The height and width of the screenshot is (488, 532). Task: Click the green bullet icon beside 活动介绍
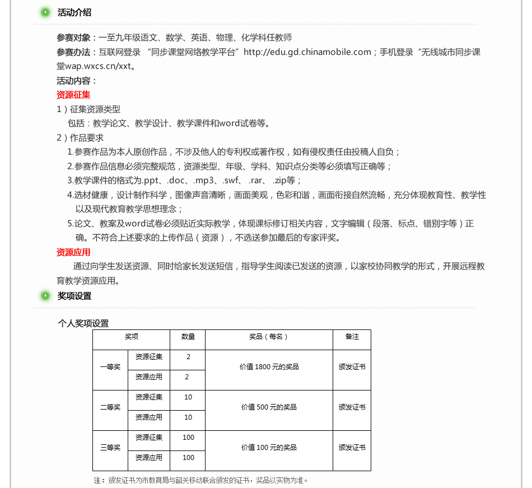pos(46,12)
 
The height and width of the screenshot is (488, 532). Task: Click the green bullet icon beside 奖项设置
pos(46,296)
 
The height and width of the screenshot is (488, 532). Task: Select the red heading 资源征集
pos(73,95)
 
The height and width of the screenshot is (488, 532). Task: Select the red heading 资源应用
pos(73,252)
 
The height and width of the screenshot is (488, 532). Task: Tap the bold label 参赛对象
pos(73,38)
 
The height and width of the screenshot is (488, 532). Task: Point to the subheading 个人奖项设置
pos(83,323)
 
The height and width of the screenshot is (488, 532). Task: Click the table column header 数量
pos(188,337)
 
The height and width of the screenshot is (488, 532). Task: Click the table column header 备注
pos(352,337)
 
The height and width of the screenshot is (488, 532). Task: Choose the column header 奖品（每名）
pos(269,337)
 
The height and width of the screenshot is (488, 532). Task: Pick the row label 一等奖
pos(110,367)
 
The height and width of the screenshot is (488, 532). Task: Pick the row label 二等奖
pos(110,407)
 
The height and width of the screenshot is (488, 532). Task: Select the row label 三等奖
pos(110,448)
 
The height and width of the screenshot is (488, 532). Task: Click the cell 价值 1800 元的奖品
pos(269,367)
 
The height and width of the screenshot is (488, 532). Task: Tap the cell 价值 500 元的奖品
pos(269,407)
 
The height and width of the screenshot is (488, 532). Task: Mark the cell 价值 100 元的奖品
pos(269,448)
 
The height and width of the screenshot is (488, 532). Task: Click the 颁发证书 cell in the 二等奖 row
pos(352,407)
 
